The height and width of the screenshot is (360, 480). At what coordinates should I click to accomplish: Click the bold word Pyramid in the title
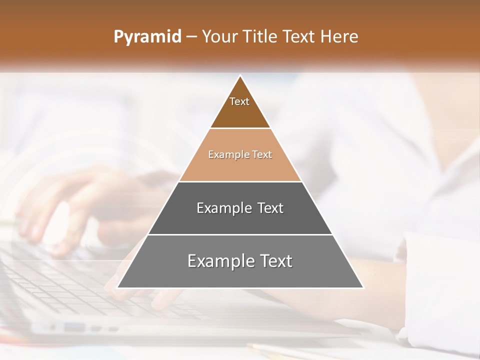tap(147, 37)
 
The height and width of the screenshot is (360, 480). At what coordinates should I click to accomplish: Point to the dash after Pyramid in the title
tap(191, 37)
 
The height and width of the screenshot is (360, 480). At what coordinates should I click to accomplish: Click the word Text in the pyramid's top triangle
tap(239, 101)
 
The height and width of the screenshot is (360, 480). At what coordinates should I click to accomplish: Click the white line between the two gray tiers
tap(240, 234)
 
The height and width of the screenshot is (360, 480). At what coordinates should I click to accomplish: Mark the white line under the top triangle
tap(240, 128)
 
